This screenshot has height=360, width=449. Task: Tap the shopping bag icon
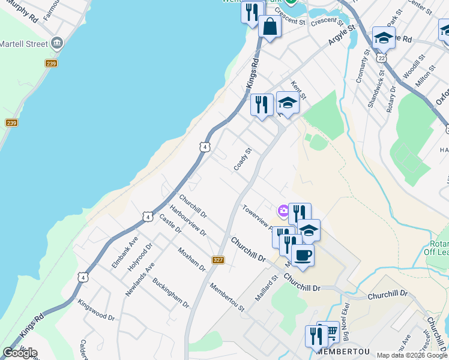click(x=270, y=26)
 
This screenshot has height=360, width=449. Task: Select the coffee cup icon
click(x=303, y=256)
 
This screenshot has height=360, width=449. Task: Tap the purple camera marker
click(x=283, y=211)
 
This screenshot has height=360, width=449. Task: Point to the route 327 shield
click(x=218, y=259)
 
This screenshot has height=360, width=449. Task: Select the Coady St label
click(x=242, y=158)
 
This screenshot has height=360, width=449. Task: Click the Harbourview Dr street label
click(x=188, y=221)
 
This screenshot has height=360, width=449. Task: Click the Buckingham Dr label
click(x=170, y=292)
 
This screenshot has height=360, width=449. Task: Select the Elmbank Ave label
click(x=125, y=255)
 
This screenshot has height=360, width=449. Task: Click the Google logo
click(x=20, y=353)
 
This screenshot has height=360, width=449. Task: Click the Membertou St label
click(x=227, y=296)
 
